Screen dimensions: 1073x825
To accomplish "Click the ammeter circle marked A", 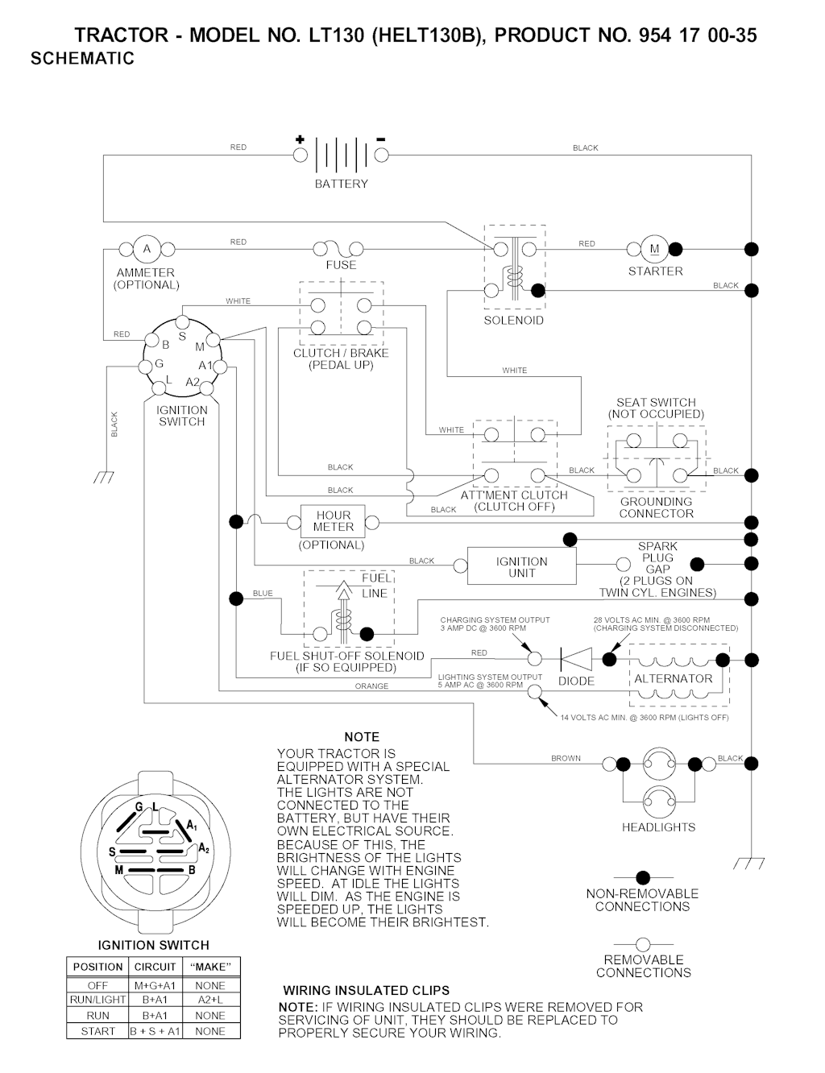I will click(x=147, y=249).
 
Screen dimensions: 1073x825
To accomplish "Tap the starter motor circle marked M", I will click(x=654, y=248).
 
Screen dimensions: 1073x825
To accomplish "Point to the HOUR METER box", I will click(x=333, y=521).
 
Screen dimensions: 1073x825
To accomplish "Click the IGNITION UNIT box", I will click(x=522, y=567).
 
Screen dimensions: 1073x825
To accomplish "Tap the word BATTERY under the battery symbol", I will click(x=342, y=184).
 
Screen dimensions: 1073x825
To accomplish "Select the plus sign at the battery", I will click(x=300, y=139).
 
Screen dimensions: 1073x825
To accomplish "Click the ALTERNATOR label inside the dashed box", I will click(x=674, y=678).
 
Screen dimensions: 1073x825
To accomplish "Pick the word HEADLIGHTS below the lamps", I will click(x=658, y=827).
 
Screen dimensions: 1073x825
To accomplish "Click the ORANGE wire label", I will click(x=371, y=686).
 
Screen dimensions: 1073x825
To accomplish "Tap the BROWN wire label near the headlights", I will click(x=566, y=758).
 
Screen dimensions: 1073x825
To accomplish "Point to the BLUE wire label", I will click(x=263, y=594).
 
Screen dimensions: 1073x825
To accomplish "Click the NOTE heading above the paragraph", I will click(x=362, y=737).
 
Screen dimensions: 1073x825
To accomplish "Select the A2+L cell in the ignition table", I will click(x=209, y=1000).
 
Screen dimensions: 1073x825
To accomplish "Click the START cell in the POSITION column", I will click(x=97, y=1031).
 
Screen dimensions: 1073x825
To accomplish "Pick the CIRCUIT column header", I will click(x=155, y=967).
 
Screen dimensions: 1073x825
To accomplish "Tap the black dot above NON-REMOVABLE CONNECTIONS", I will click(x=642, y=877).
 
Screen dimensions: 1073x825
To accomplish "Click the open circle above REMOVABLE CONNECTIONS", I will click(x=642, y=943).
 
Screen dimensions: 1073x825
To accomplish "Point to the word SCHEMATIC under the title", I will click(x=82, y=59).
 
